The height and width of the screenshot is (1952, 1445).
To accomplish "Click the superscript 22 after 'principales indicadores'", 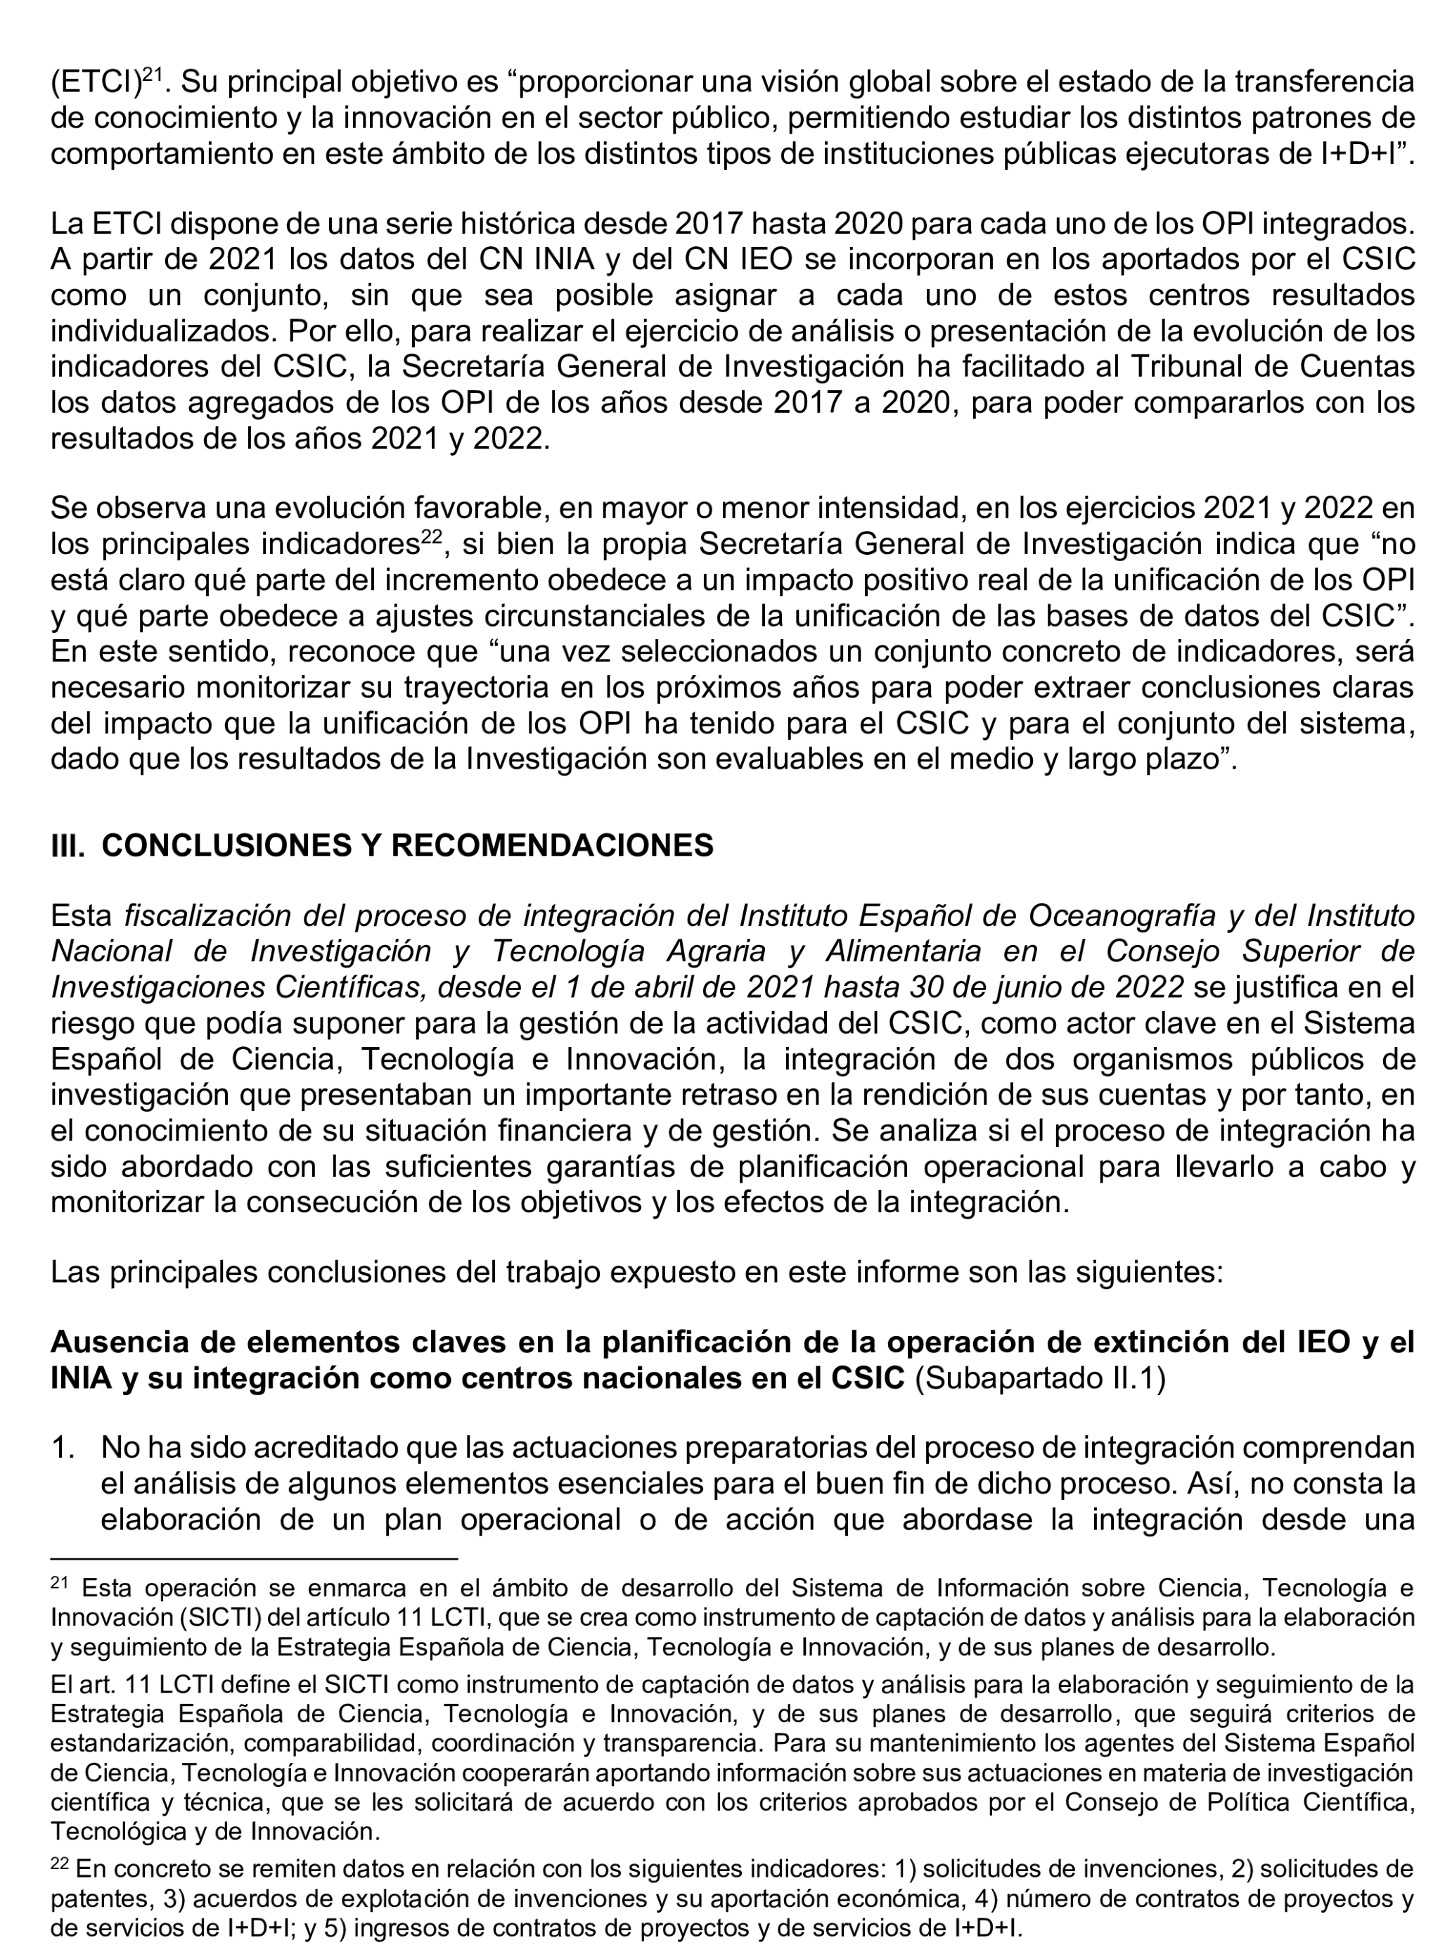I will [433, 536].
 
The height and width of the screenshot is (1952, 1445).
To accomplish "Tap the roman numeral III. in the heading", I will [68, 846].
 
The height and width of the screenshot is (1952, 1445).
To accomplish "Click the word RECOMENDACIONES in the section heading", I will [552, 846].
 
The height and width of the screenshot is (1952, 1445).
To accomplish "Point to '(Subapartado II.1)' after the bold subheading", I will [1039, 1378].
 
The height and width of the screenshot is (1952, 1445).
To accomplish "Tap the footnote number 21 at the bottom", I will [58, 1582].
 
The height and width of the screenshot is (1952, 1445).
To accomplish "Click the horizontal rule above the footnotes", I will [254, 1558].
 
